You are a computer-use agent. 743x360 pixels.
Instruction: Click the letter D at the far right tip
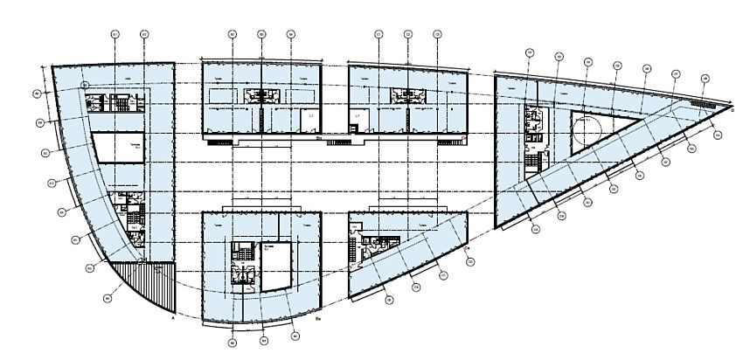point(732,110)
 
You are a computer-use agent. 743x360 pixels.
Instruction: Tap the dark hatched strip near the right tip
point(701,102)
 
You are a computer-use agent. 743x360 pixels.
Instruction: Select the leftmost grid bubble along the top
point(115,34)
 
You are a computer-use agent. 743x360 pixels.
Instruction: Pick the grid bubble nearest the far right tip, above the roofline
point(705,79)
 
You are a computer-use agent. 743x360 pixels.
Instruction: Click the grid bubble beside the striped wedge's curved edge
point(107,298)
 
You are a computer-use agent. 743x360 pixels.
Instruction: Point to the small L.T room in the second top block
point(308,114)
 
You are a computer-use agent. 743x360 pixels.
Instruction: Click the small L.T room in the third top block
point(358,114)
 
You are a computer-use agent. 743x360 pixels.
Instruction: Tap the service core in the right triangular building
point(531,131)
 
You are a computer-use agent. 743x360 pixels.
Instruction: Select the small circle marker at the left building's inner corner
point(85,85)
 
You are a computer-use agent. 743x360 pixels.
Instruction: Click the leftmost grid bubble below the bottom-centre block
point(233,343)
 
